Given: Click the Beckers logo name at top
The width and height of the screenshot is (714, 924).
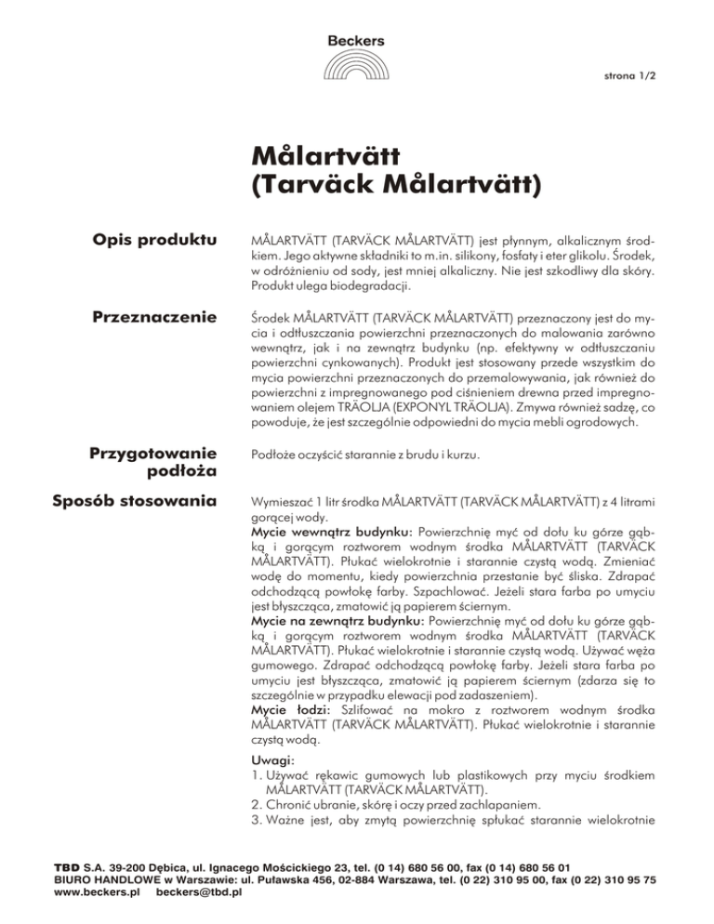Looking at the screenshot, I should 356,40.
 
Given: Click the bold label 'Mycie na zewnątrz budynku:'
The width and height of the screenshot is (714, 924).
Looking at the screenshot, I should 337,617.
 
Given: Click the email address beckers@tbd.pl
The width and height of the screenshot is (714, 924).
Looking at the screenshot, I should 201,892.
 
